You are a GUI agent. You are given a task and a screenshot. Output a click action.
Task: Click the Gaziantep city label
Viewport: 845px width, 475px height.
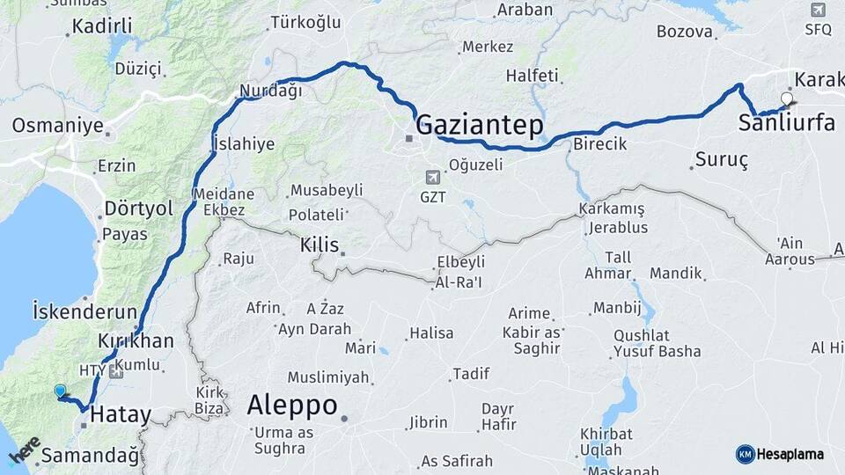pos(479,125)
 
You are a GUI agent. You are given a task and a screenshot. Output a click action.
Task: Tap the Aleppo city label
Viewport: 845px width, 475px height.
pos(291,406)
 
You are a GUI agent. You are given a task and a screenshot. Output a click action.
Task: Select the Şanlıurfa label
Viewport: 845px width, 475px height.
pos(787,123)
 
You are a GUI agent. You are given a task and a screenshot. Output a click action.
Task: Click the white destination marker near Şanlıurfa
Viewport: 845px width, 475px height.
pos(786,99)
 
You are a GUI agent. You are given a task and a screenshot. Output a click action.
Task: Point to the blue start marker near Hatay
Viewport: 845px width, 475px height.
pos(60,391)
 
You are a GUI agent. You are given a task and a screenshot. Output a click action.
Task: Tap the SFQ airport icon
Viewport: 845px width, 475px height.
pos(818,10)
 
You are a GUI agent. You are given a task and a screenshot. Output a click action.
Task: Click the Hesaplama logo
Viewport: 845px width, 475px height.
pos(780,454)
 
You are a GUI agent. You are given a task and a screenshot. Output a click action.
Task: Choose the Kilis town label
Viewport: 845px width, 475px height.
pos(320,245)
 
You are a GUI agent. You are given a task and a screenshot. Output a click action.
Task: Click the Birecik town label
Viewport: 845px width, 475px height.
pos(599,143)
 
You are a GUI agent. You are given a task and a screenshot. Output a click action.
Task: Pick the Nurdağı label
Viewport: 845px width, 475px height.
pos(270,90)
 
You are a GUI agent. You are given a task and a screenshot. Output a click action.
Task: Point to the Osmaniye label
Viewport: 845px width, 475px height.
pos(57,126)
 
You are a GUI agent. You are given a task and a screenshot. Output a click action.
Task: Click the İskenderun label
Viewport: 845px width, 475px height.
pos(84,311)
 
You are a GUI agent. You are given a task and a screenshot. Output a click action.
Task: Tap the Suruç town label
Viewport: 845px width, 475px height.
pos(721,160)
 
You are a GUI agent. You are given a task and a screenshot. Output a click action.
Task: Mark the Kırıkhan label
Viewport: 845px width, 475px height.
pos(136,341)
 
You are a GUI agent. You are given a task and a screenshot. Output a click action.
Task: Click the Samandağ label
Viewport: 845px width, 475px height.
pos(91,456)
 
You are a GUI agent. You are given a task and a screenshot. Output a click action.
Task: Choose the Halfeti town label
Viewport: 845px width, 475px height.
pos(533,77)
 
